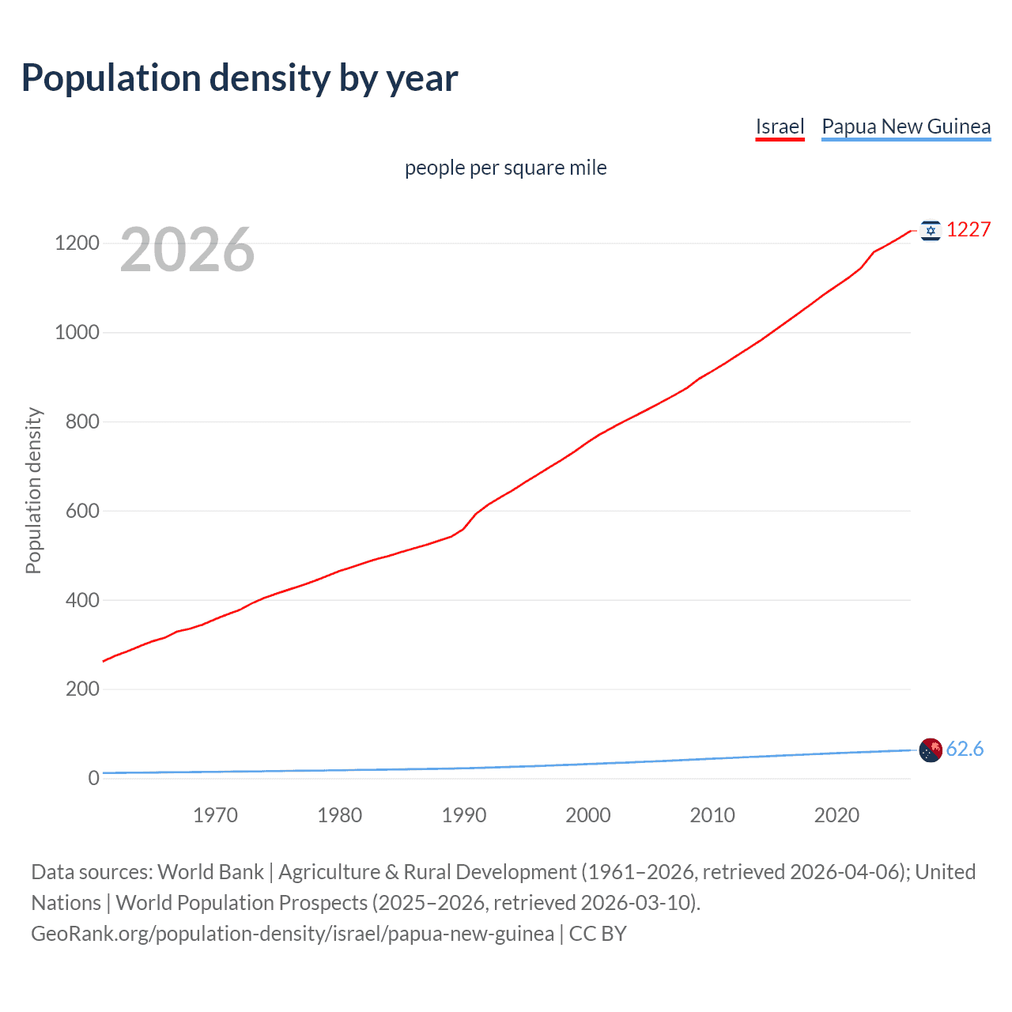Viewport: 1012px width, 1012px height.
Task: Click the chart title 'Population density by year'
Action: pos(240,78)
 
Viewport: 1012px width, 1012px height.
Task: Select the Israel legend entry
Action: pos(780,126)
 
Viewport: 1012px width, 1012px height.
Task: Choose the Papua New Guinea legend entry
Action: pos(905,126)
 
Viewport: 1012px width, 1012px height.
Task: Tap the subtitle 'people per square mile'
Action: pos(505,168)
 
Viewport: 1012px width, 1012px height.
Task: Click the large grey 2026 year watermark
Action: pos(187,250)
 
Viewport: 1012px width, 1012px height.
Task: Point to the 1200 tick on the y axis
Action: pos(77,243)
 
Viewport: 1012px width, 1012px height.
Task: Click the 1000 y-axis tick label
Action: pos(77,332)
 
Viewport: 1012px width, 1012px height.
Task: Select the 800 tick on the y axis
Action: pos(82,421)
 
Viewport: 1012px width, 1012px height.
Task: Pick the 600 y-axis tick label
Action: pos(82,511)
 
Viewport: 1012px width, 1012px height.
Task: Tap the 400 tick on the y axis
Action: pos(82,600)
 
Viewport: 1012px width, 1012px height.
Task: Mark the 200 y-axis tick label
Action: pos(82,689)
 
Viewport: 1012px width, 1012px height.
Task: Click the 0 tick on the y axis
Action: pos(94,778)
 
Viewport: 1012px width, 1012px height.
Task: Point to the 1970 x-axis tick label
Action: pos(215,815)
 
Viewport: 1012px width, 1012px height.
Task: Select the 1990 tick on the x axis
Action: pos(464,815)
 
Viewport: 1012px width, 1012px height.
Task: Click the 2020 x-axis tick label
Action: pos(836,815)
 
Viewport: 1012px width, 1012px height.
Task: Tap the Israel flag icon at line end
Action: pos(931,230)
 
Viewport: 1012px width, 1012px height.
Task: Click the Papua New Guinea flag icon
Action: pos(931,750)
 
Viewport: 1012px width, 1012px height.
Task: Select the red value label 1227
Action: pos(969,229)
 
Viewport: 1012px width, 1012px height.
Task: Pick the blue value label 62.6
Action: pos(965,749)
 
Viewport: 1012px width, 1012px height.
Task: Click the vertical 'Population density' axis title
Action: pos(33,490)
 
